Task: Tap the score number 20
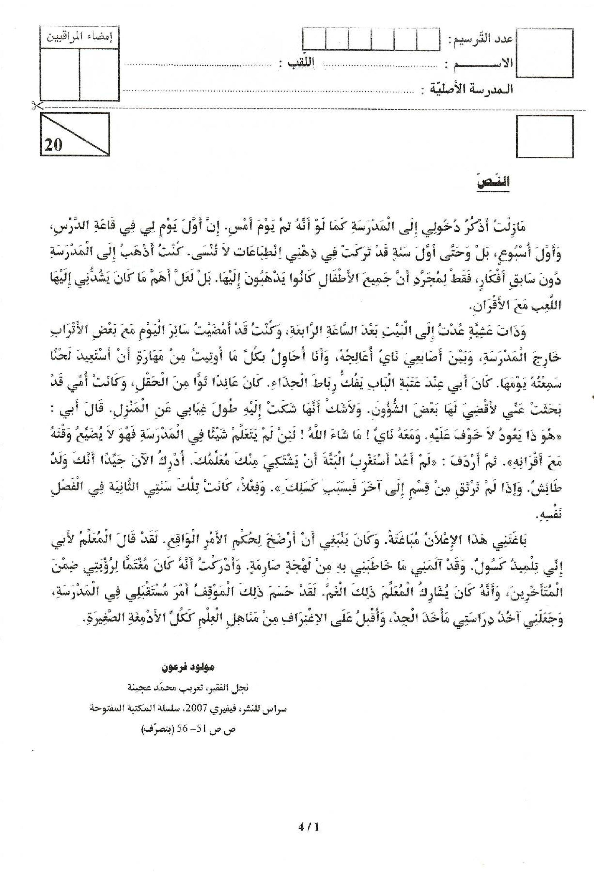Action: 53,144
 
